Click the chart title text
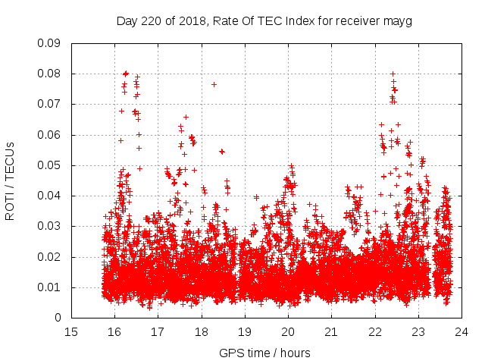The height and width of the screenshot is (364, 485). pos(264,21)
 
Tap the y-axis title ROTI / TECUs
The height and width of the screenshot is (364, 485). pos(11,180)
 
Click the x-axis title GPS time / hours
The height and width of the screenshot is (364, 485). pos(264,353)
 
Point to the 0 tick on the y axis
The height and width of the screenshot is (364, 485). pos(58,318)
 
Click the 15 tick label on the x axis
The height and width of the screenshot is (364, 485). pos(70,331)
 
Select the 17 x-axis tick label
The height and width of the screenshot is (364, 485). pos(158,331)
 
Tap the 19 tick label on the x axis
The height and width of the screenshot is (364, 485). pos(245,331)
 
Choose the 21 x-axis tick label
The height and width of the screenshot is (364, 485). pos(331,331)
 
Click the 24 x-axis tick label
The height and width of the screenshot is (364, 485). pos(462,331)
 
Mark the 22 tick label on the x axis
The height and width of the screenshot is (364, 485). pos(374,331)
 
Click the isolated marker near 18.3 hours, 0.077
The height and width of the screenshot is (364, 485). pos(214,84)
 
